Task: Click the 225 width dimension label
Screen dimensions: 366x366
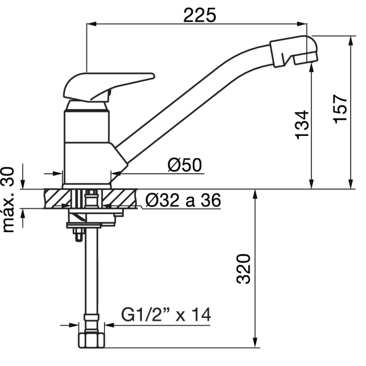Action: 199,15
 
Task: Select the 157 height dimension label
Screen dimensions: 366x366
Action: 340,109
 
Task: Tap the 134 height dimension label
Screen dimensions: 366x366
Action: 302,125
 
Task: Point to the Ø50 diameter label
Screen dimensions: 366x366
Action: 185,165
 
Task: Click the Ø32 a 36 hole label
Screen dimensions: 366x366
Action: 183,200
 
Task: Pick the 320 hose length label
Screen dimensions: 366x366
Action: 243,269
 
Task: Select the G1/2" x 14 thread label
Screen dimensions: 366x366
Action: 166,315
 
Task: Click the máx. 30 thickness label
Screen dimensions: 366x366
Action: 9,199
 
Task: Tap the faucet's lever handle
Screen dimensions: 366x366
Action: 109,87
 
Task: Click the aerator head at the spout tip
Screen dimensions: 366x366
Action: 294,51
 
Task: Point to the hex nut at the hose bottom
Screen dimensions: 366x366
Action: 91,341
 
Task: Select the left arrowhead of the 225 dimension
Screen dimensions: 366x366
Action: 91,24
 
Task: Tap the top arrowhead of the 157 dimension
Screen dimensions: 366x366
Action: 351,41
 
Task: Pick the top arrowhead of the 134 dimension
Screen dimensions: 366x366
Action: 311,68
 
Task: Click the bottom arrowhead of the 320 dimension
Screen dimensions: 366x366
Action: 255,342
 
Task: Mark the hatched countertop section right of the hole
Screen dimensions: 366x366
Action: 119,199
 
